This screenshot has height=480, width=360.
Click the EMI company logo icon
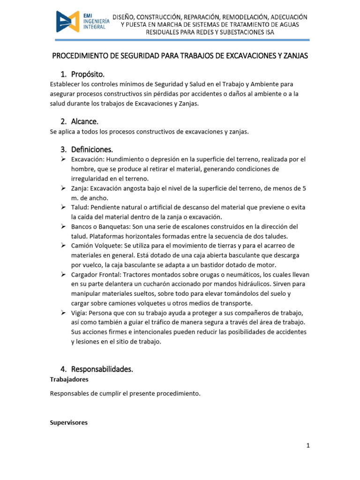coord(68,22)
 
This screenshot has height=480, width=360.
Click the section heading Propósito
coord(88,75)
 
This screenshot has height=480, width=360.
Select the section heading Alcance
coord(85,121)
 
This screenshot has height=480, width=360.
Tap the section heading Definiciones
coord(92,150)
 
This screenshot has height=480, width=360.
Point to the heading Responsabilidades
coord(102,369)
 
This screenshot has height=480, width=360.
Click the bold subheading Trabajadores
coord(69,379)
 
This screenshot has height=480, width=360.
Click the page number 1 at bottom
coord(308,446)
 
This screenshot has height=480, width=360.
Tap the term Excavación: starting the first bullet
coord(88,159)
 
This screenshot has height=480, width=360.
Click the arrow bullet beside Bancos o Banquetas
coord(63,226)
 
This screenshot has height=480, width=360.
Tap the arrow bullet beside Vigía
coord(63,313)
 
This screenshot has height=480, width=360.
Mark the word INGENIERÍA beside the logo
coord(96,21)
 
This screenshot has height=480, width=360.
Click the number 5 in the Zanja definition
coord(304,188)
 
